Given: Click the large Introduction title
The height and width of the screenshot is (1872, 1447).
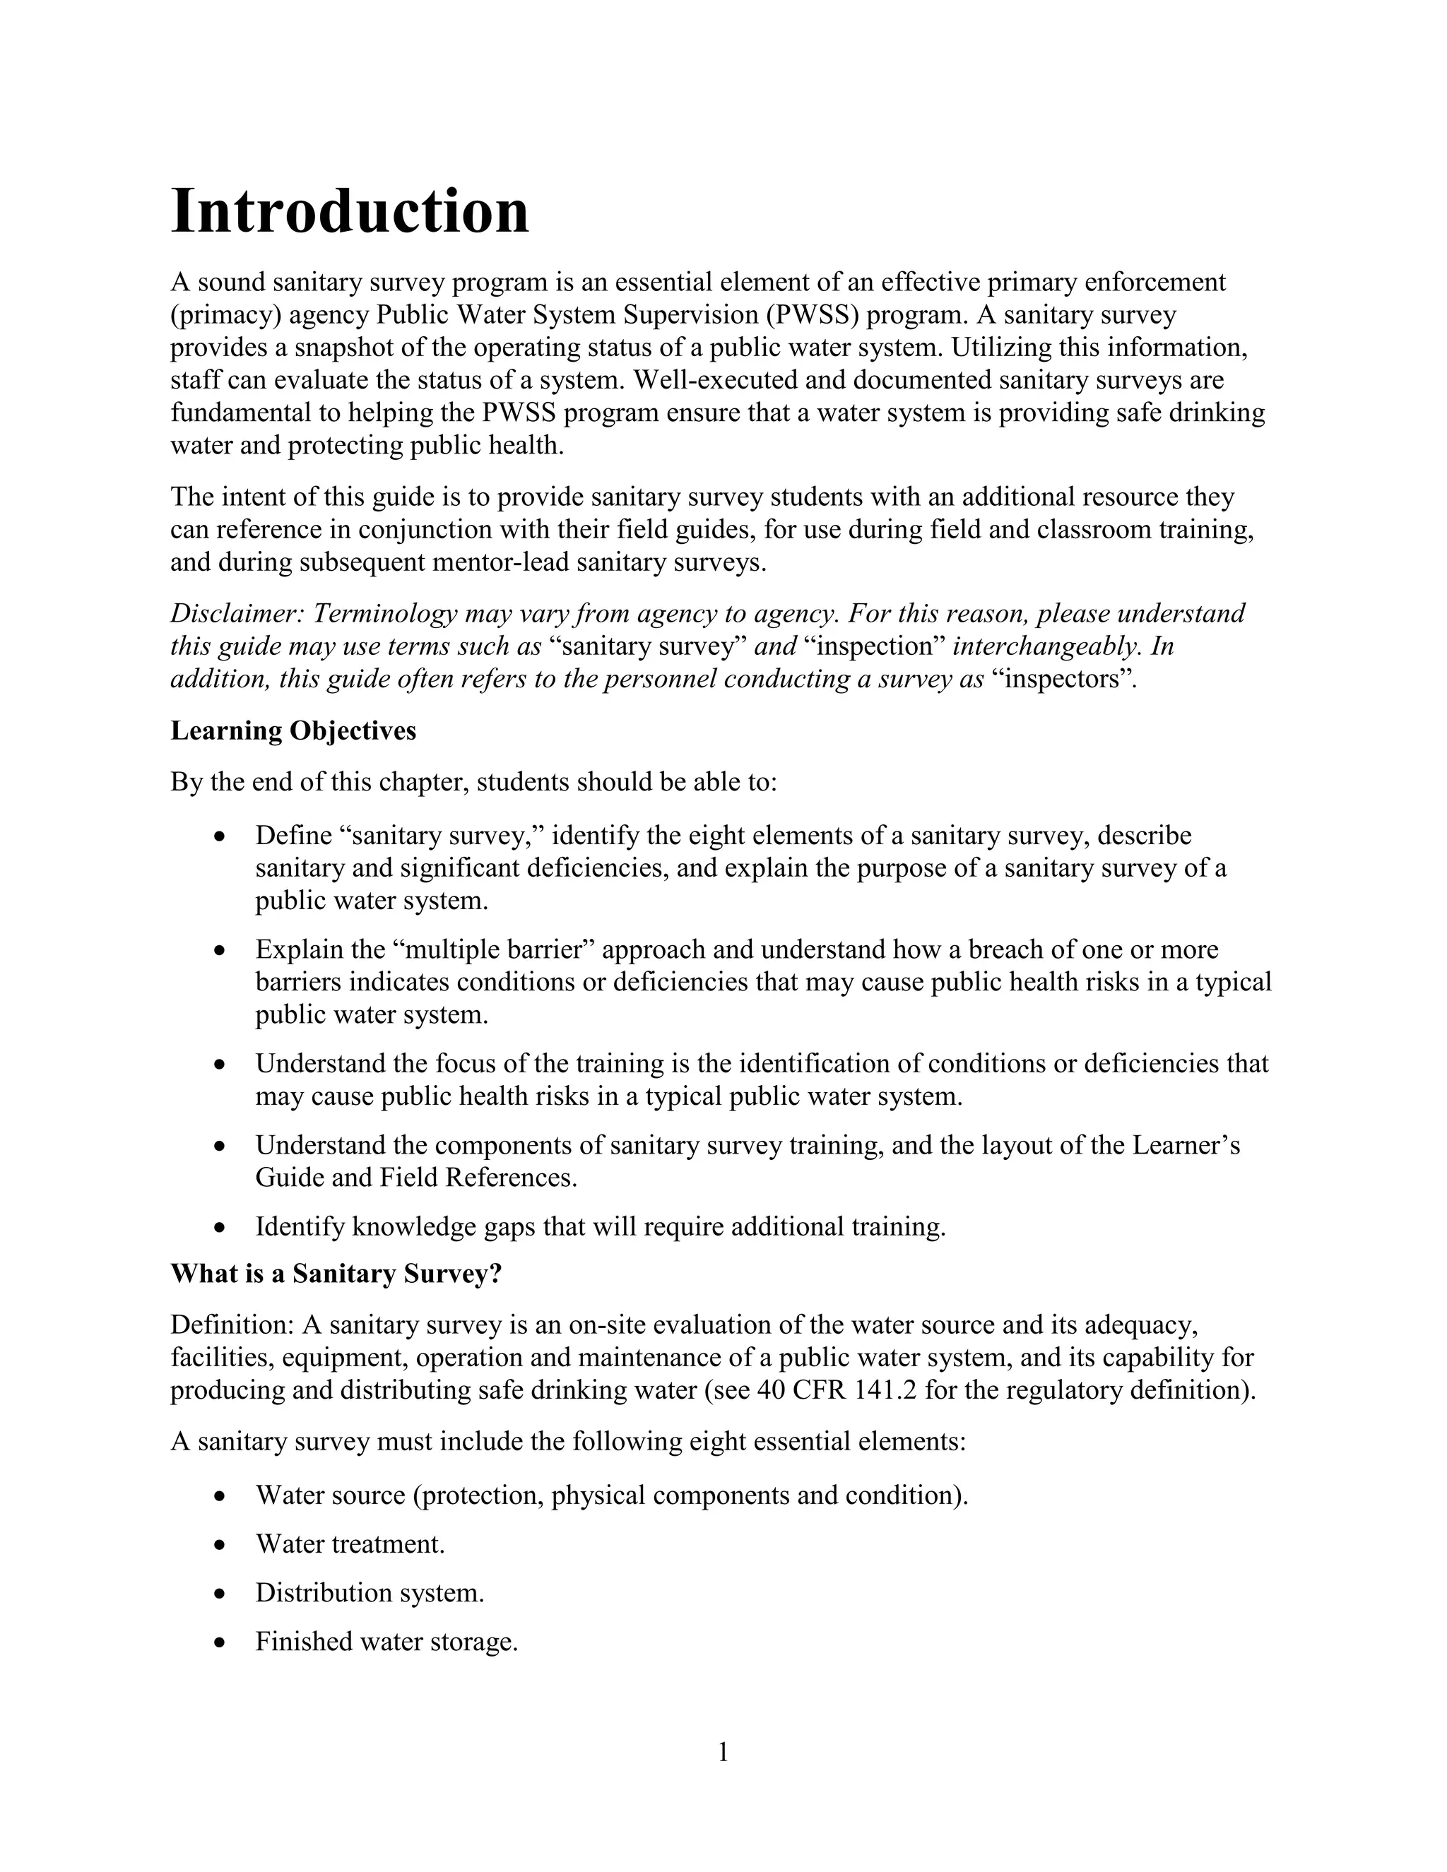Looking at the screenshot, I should (350, 212).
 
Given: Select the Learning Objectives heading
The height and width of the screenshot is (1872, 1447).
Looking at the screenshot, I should (293, 730).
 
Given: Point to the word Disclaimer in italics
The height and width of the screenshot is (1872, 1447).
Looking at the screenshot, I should (237, 614).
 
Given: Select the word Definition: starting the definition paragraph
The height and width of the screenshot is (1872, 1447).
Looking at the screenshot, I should (232, 1325).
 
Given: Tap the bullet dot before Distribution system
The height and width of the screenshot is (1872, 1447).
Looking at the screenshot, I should (220, 1594).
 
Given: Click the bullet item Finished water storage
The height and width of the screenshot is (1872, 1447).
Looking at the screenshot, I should (386, 1642).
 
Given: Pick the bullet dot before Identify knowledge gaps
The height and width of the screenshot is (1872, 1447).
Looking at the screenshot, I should (220, 1228).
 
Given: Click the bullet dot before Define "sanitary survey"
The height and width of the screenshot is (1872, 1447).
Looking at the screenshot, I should (220, 836).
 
